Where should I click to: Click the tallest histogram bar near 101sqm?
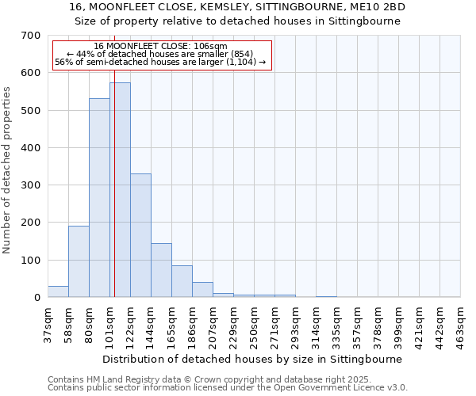(x=121, y=190)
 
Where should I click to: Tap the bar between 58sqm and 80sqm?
(x=79, y=261)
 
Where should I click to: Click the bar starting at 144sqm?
(x=161, y=270)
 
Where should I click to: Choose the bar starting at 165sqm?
(x=182, y=281)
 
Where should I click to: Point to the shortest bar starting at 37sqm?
(x=58, y=291)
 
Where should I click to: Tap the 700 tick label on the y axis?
(x=31, y=36)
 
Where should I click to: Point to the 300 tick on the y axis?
(x=31, y=185)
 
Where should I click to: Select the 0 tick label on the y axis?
(x=37, y=298)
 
